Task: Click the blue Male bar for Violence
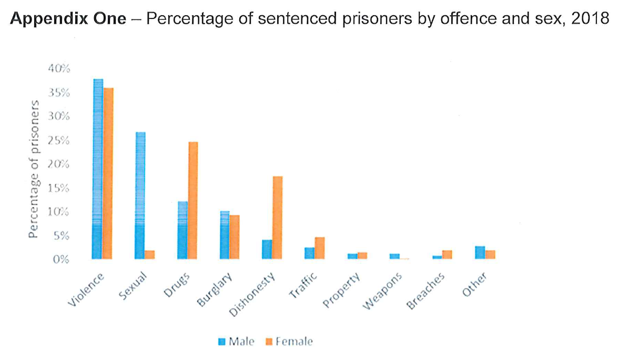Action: (98, 169)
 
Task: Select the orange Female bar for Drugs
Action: (193, 201)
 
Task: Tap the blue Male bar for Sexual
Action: (140, 195)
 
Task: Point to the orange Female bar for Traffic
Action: (320, 248)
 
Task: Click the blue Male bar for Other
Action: (480, 253)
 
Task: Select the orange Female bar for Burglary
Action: (235, 237)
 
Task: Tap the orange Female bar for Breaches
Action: (447, 255)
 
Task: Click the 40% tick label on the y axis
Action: (59, 68)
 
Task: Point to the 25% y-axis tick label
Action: (59, 140)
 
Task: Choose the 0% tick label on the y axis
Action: (62, 259)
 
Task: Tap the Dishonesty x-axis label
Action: (253, 296)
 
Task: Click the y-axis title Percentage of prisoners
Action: (34, 168)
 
